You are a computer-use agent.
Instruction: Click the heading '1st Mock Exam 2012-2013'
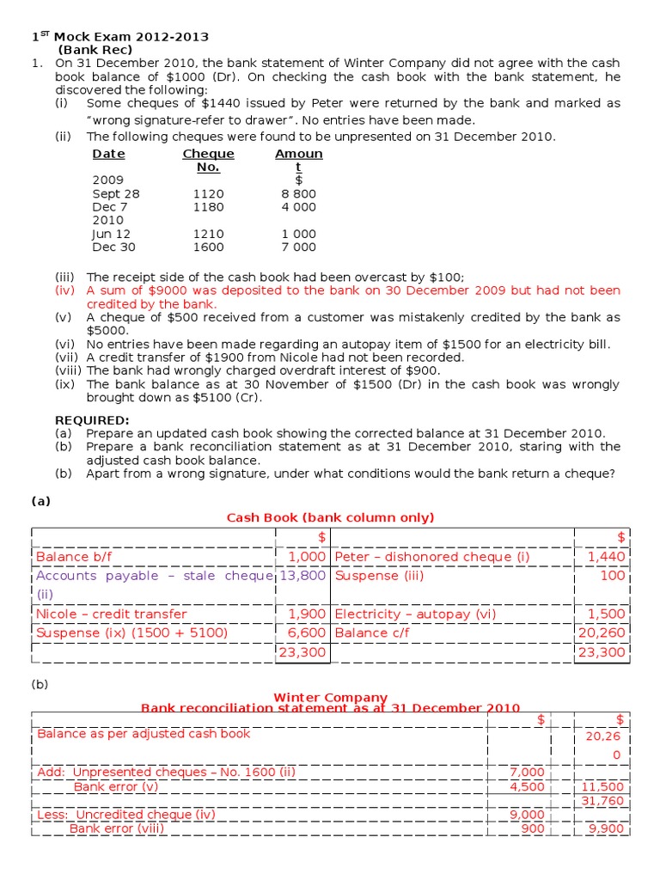coord(120,37)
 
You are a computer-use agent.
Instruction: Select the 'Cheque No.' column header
coord(208,160)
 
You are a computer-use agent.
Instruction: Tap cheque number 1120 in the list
coord(208,194)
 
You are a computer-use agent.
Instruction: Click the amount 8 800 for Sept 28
coord(298,194)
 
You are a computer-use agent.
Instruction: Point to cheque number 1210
coord(208,234)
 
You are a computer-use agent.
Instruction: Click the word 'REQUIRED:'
coord(92,420)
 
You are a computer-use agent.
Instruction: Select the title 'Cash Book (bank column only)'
coord(330,517)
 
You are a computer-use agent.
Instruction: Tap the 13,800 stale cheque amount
coord(302,576)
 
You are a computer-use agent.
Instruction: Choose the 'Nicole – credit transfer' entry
coord(111,614)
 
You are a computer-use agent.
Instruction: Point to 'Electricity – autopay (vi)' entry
coord(410,614)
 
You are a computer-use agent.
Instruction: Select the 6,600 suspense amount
coord(307,633)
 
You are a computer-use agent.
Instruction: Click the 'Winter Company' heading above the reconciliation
coord(330,697)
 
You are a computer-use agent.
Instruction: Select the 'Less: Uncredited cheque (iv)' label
coord(126,815)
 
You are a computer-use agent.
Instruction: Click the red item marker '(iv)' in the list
coord(66,290)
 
